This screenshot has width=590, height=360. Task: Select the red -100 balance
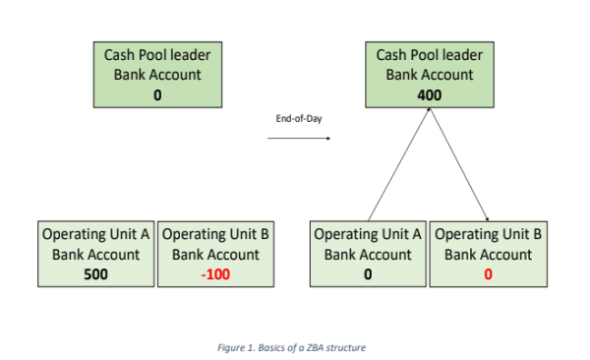tap(214, 274)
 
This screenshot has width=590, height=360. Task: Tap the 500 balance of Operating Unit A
tap(95, 274)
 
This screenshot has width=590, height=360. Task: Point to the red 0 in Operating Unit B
tap(489, 274)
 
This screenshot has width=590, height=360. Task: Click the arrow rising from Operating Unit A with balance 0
tap(397, 167)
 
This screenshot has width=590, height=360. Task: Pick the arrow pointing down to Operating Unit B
tap(459, 167)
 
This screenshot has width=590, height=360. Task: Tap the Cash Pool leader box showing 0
tap(156, 74)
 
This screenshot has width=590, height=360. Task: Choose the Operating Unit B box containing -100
tap(214, 255)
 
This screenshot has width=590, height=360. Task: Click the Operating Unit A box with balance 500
tap(95, 255)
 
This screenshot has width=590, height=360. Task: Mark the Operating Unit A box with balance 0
tap(368, 255)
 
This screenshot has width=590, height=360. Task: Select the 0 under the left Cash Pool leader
tap(156, 95)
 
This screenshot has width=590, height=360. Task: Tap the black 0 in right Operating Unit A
tap(368, 274)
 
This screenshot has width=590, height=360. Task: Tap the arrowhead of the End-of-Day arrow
tap(327, 139)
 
